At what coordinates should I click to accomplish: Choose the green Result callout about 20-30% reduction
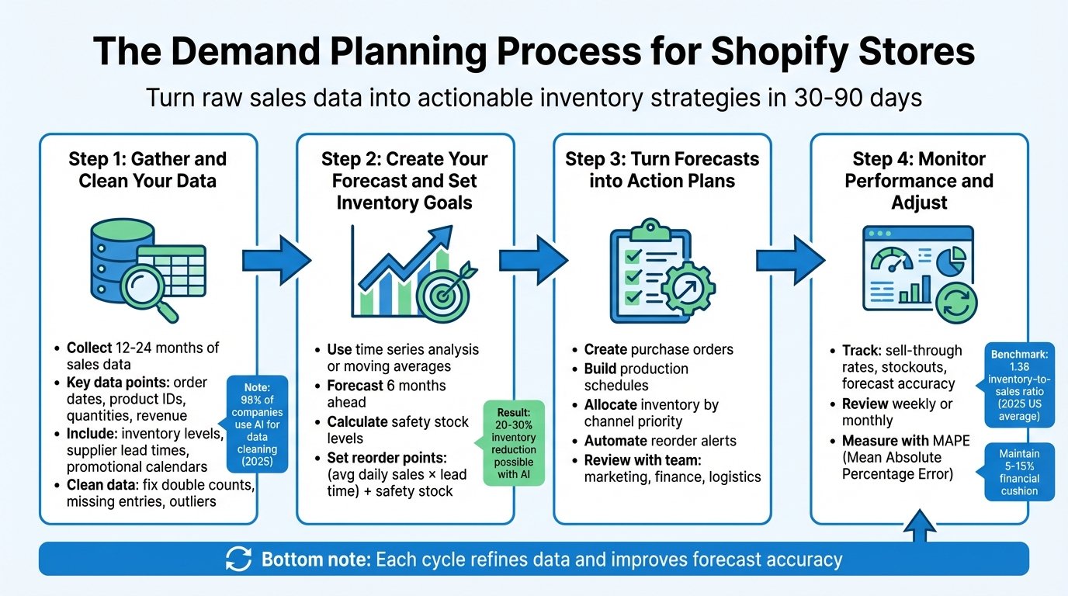coord(514,442)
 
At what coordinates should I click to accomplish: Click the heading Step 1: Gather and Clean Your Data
coord(147,170)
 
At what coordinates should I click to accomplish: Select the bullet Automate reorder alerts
coord(660,441)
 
